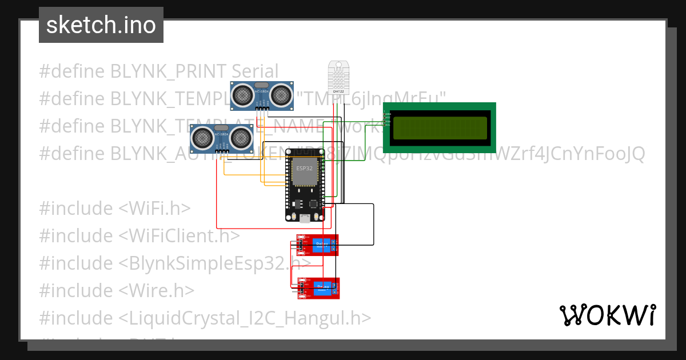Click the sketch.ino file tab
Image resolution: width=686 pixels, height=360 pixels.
click(101, 25)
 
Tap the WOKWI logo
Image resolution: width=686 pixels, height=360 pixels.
click(607, 315)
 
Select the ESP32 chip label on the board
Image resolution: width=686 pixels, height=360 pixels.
click(304, 169)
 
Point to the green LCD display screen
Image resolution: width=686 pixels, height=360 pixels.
click(440, 128)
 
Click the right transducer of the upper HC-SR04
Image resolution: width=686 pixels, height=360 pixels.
click(281, 94)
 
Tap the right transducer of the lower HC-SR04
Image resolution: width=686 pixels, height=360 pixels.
click(241, 137)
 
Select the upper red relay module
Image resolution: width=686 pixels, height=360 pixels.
click(317, 245)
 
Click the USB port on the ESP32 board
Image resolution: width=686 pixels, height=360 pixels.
click(305, 217)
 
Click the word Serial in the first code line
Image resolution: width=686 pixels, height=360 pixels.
click(255, 71)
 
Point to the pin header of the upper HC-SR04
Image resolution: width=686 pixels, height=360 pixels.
click(262, 107)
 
